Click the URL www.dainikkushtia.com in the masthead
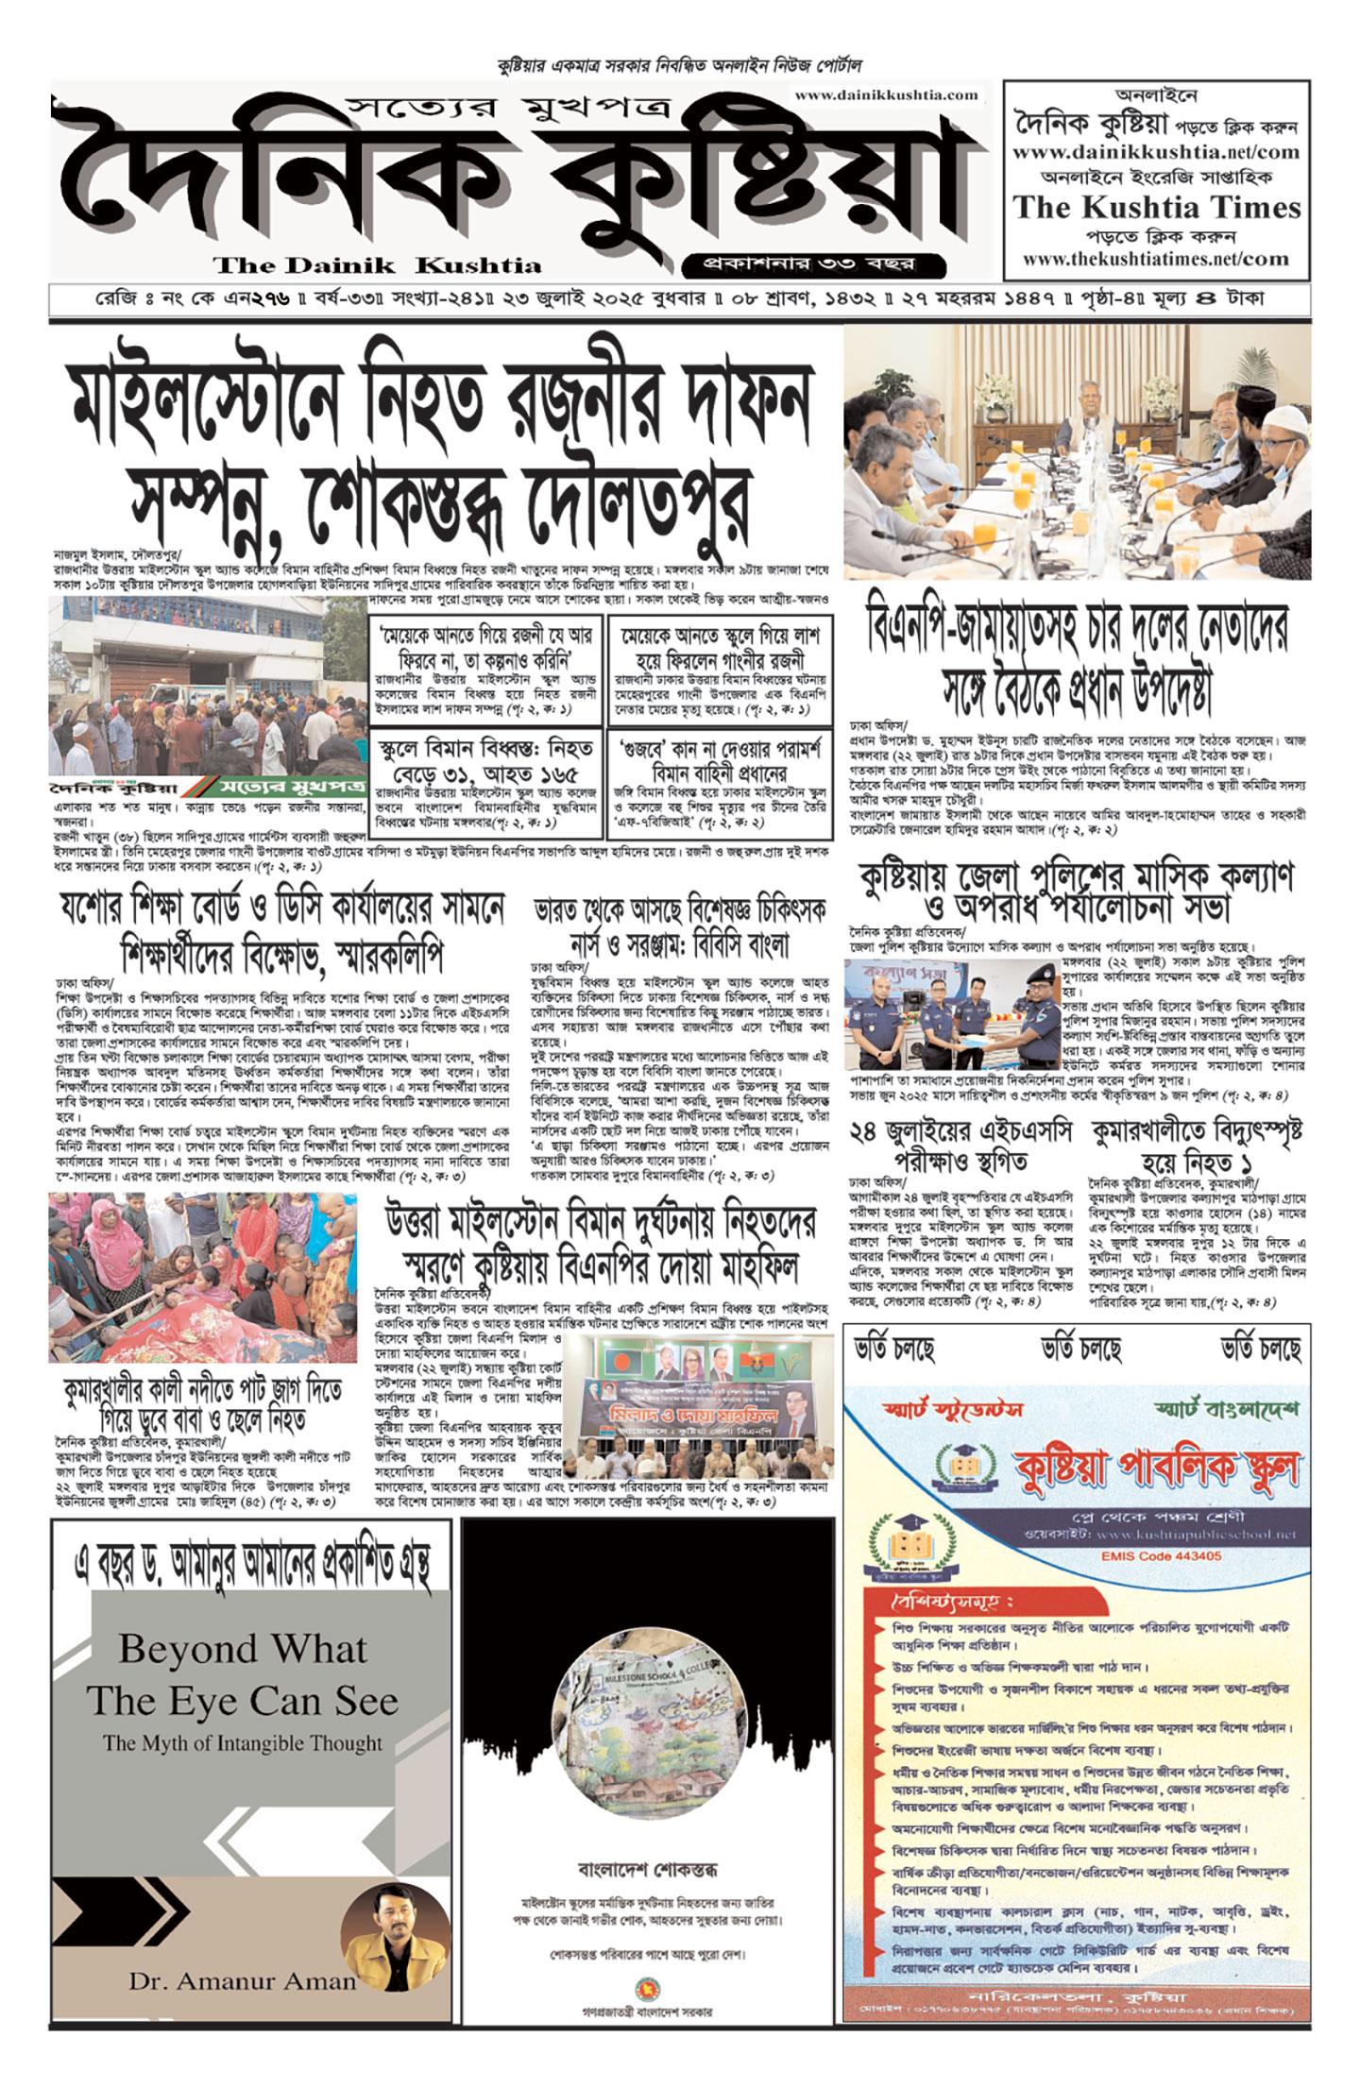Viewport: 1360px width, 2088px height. tap(886, 94)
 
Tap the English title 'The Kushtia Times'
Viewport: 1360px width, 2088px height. tap(1157, 207)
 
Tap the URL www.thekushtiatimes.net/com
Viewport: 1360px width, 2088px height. tap(1155, 259)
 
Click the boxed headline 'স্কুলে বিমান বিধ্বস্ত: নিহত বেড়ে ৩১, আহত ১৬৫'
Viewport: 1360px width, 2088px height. tap(485, 762)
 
